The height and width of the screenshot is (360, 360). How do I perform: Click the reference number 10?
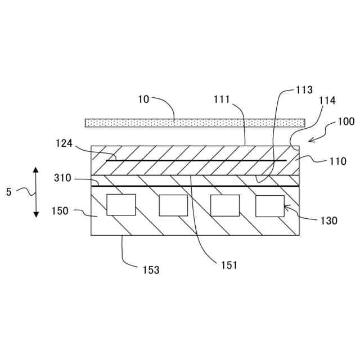click(145, 99)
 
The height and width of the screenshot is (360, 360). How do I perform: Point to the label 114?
click(327, 101)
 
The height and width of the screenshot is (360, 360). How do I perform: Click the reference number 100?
click(346, 121)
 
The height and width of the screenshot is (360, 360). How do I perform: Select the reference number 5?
click(8, 192)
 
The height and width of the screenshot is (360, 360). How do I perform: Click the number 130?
click(329, 221)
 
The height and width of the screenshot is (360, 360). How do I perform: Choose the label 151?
click(229, 265)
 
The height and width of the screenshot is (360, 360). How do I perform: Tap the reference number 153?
click(150, 270)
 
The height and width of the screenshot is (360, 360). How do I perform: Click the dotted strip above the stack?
click(195, 122)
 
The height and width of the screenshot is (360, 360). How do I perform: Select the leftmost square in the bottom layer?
click(121, 205)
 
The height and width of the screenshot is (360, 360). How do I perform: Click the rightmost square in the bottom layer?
click(270, 205)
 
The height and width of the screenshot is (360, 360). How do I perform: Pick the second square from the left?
click(173, 205)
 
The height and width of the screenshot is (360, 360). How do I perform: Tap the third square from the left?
click(225, 205)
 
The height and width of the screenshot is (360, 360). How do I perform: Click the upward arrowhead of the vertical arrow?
click(35, 169)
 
